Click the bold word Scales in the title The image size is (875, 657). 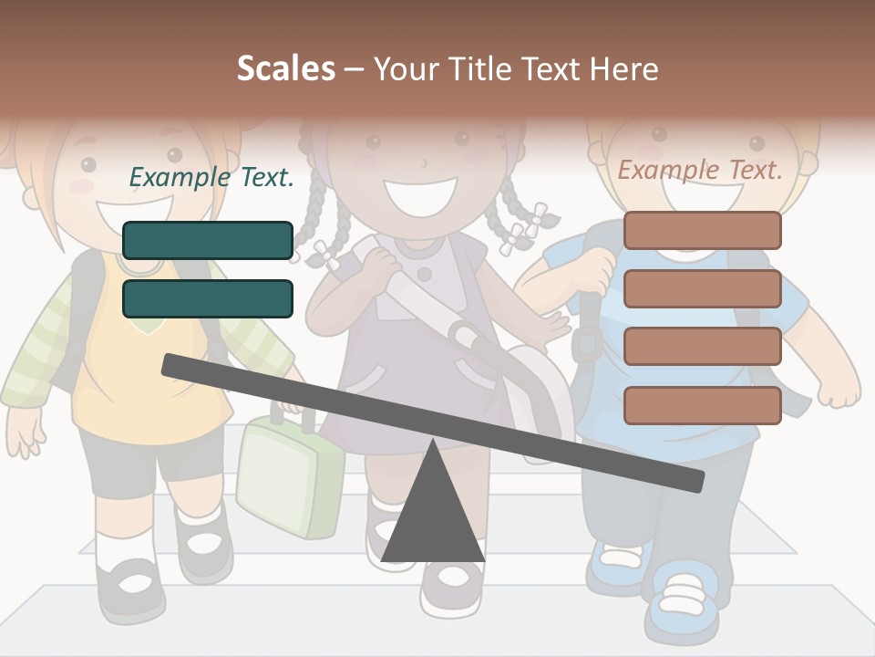(x=285, y=68)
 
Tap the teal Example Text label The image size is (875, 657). (x=211, y=177)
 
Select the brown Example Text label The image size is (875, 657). (x=700, y=170)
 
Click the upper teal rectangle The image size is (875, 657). (x=208, y=240)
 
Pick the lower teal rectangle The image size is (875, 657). (x=208, y=298)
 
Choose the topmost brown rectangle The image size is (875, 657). (x=703, y=230)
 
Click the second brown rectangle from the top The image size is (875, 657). (x=703, y=288)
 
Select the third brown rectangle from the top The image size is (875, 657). (x=703, y=346)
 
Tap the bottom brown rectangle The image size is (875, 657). (x=703, y=405)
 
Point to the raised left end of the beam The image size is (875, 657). (x=173, y=366)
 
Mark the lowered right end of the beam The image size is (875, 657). (x=693, y=480)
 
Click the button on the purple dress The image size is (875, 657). (x=424, y=273)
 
